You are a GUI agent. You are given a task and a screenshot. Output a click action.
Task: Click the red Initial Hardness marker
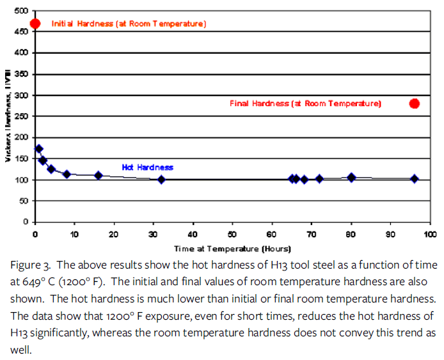35,24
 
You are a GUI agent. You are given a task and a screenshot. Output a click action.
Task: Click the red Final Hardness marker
415,104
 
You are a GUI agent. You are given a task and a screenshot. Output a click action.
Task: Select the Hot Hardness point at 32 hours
161,179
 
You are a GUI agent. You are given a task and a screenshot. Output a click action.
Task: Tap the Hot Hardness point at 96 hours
415,179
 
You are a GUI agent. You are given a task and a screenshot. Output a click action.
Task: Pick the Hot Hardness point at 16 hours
99,175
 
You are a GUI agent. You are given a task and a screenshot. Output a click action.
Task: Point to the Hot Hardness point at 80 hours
351,177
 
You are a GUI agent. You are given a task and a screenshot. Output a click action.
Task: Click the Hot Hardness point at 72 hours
319,179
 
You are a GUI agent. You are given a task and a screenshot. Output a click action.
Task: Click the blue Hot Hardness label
147,168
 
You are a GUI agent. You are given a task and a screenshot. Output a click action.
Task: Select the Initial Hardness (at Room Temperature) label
128,24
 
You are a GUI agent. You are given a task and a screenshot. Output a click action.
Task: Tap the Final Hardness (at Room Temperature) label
305,104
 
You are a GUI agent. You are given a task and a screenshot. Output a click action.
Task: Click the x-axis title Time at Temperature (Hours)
233,248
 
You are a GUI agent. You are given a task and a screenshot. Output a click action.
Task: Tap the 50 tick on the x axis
233,235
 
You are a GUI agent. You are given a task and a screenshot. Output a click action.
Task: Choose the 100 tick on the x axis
430,235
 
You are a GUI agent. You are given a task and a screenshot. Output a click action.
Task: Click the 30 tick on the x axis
154,235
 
